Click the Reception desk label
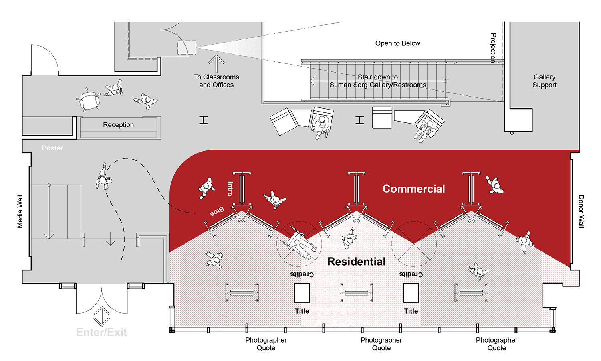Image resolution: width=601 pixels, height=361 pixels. tap(118, 125)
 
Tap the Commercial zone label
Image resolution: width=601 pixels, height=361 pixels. tap(413, 189)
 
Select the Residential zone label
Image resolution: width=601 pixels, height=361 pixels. tap(356, 262)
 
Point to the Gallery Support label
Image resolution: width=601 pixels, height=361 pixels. tap(544, 81)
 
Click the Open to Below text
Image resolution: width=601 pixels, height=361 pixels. tap(397, 43)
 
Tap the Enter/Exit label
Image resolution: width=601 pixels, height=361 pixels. tap(101, 332)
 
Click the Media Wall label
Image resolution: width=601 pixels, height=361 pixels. tap(20, 211)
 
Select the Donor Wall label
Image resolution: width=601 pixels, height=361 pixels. tap(581, 211)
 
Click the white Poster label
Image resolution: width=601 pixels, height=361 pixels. tap(52, 148)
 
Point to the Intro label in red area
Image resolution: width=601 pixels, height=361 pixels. tap(230, 189)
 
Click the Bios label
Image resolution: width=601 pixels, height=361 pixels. tap(217, 211)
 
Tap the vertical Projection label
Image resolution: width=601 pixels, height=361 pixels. tap(493, 48)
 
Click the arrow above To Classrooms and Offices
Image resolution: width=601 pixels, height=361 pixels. tap(216, 63)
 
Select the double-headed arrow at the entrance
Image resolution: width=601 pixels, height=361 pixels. tap(102, 316)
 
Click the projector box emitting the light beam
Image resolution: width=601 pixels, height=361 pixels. tap(187, 48)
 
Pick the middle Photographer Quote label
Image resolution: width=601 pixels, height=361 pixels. tap(381, 344)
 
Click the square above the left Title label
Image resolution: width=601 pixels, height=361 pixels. tap(302, 293)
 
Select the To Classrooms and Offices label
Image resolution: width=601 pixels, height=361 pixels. tap(216, 81)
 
